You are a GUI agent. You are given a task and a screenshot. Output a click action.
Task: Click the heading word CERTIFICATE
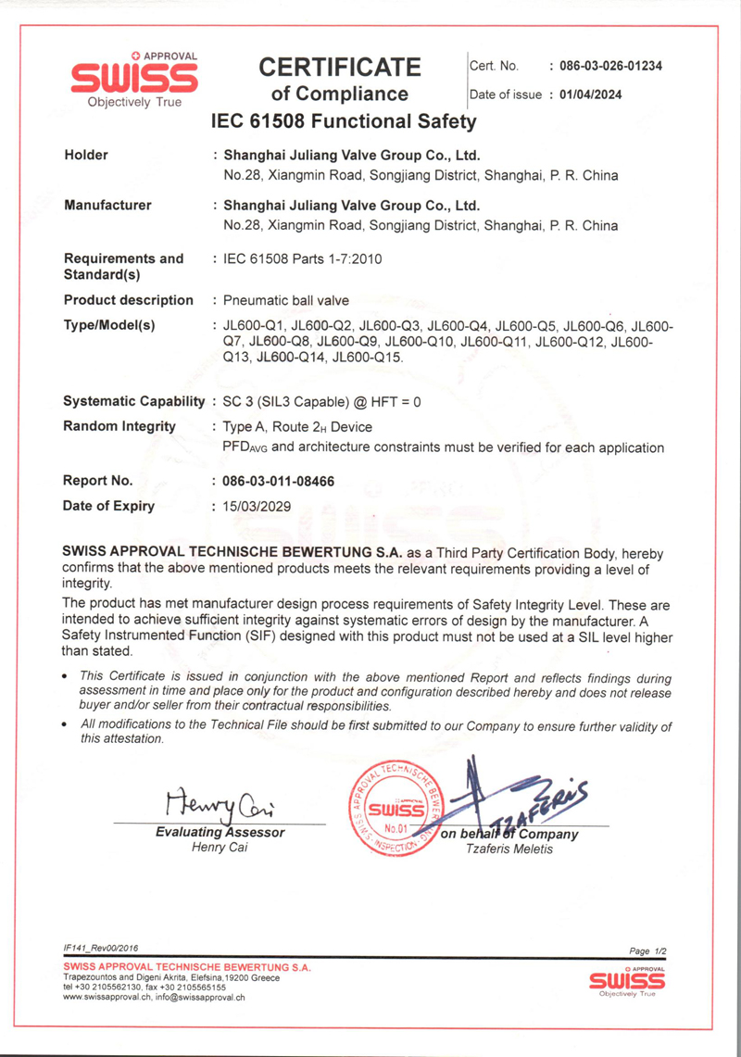coord(339,67)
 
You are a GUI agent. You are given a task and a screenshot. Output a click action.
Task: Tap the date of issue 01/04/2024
coord(597,94)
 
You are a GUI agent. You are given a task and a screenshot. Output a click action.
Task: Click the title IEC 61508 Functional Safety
coord(344,121)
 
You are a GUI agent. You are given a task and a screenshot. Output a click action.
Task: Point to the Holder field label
coord(85,156)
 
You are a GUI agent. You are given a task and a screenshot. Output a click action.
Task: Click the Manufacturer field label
coord(107,206)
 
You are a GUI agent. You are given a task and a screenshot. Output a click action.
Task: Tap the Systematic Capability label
coord(133,403)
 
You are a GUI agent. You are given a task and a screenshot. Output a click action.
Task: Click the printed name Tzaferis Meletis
coord(509,849)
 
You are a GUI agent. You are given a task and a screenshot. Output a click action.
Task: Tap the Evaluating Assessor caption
coord(220,833)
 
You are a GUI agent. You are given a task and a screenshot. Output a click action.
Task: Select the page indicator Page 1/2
coord(647,951)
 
